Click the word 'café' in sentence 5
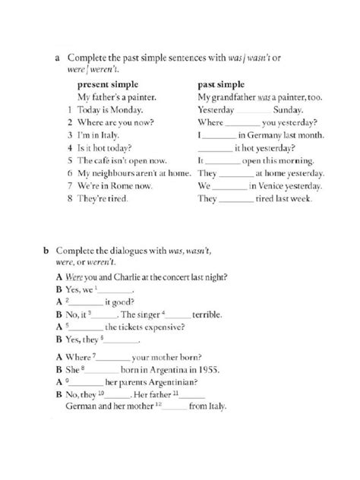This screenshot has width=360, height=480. pyautogui.click(x=102, y=160)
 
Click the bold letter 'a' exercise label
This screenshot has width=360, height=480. pyautogui.click(x=57, y=57)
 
